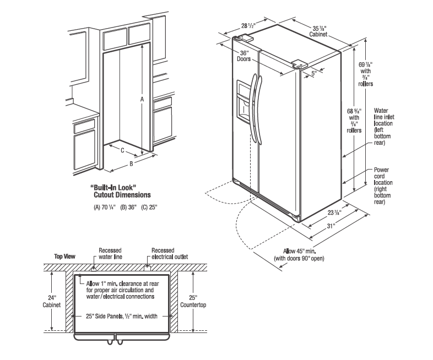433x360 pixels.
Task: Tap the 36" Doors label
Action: click(244, 56)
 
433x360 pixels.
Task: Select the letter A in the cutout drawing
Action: click(142, 99)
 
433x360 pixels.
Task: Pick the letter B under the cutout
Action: click(131, 163)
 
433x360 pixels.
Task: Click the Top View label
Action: click(64, 257)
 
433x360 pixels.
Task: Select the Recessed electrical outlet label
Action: click(169, 254)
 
